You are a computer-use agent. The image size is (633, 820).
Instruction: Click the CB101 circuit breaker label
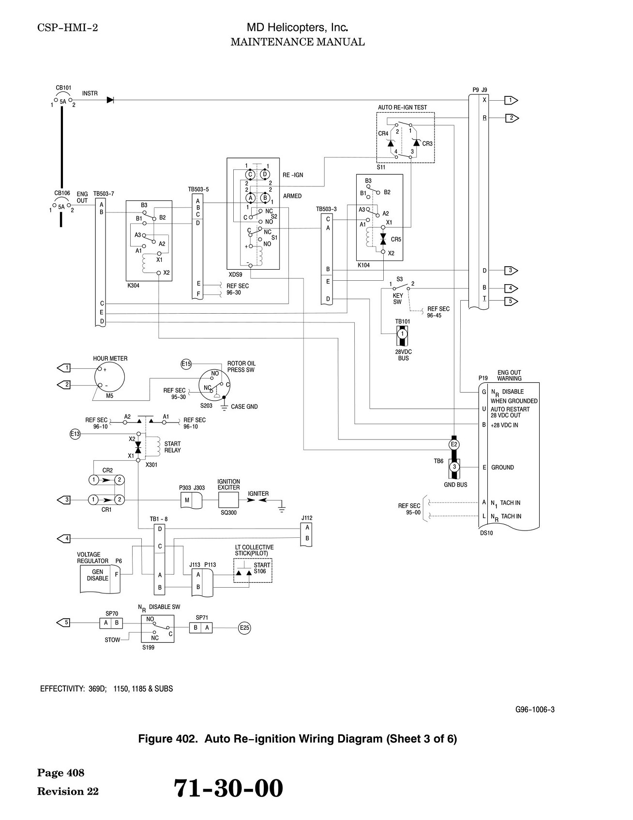63,88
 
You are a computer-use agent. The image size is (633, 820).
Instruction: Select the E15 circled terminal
186,364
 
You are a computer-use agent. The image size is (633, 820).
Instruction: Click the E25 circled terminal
244,628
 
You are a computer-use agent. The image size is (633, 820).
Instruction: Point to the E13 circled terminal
75,434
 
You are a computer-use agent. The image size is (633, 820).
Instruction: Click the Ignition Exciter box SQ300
228,500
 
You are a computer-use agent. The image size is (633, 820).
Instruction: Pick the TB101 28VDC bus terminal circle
403,333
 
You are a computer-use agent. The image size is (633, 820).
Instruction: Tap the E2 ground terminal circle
454,444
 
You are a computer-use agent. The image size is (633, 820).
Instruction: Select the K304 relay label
133,286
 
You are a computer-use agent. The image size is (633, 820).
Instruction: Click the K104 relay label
363,265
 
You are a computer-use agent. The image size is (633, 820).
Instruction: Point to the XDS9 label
235,274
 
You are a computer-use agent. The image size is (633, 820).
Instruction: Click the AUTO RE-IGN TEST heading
402,107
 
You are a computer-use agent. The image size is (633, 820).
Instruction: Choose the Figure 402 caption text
298,739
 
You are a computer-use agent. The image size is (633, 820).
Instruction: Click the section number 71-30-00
228,788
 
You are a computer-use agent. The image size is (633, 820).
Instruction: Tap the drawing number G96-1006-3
535,710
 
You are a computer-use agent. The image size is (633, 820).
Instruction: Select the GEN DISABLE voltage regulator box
100,579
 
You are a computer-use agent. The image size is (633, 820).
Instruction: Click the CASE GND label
244,407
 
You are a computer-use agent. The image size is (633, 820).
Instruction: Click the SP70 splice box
111,623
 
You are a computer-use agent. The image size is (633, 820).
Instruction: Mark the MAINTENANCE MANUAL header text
298,42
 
